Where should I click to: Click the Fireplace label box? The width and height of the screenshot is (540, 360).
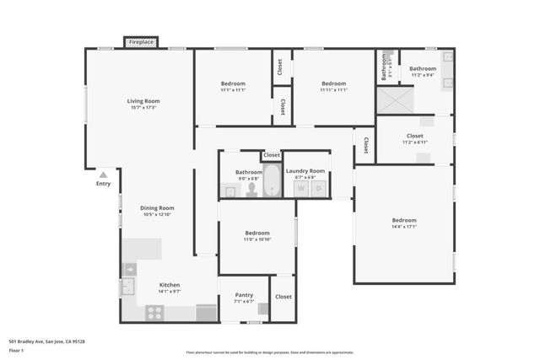[x=141, y=41]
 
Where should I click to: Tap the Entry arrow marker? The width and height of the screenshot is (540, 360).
[x=103, y=175]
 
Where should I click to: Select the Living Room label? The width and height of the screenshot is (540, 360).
[x=144, y=100]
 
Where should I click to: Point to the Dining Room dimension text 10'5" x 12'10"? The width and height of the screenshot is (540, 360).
[x=157, y=215]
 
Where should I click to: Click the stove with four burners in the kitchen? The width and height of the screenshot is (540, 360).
[x=154, y=313]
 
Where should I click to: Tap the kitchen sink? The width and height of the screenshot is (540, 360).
[x=128, y=287]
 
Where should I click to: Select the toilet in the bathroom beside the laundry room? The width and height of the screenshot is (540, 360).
[x=251, y=190]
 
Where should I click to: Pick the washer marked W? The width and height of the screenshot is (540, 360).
[x=300, y=189]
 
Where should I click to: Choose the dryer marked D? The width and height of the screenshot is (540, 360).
[x=319, y=189]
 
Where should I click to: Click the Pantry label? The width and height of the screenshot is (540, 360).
[x=244, y=295]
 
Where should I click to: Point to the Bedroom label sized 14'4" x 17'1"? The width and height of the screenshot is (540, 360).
[x=403, y=220]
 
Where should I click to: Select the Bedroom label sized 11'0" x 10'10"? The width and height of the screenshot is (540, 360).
[x=257, y=233]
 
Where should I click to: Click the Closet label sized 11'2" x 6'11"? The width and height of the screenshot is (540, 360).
[x=414, y=135]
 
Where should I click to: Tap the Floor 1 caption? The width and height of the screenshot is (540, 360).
[x=17, y=350]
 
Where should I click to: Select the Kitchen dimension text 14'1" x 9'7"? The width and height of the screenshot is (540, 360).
[x=170, y=292]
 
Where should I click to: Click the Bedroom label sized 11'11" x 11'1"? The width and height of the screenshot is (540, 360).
[x=333, y=83]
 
